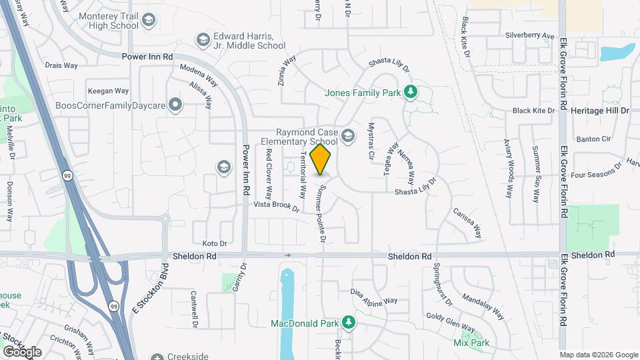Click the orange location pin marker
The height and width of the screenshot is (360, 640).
click(321, 159)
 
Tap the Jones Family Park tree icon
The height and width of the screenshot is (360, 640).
click(411, 91)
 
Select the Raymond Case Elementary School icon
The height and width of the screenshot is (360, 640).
click(347, 136)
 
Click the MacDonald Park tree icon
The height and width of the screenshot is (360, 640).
click(348, 323)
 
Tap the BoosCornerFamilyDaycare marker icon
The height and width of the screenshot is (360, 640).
click(175, 105)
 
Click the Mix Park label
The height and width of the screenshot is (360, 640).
click(471, 343)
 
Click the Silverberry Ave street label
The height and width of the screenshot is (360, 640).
click(529, 35)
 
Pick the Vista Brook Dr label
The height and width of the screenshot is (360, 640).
click(276, 206)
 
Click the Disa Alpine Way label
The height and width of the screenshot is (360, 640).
click(374, 296)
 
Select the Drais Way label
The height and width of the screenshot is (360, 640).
click(61, 65)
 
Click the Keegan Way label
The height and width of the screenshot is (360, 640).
click(108, 91)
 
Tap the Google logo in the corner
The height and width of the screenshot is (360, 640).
click(22, 351)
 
